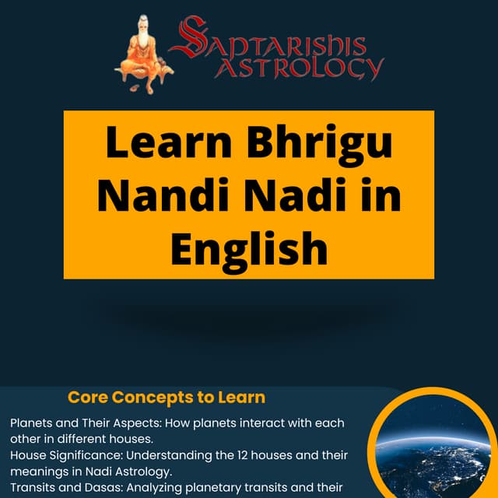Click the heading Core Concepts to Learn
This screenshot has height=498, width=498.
point(167,398)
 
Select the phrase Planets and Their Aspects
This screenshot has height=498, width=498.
point(74,424)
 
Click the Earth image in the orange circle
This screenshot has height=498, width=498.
point(432,451)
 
